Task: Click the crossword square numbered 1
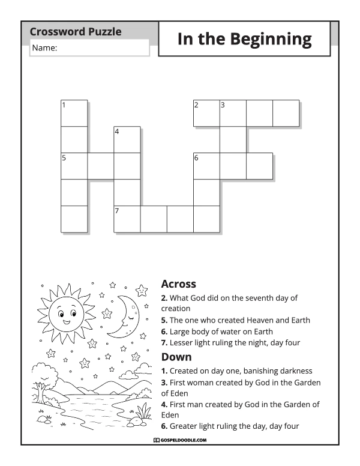click(74, 113)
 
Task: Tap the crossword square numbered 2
click(207, 113)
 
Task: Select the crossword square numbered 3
click(233, 113)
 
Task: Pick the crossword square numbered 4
click(127, 140)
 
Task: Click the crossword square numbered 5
click(74, 166)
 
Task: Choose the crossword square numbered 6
click(207, 166)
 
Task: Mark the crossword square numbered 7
click(127, 219)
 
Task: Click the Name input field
click(89, 47)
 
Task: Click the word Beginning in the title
click(271, 40)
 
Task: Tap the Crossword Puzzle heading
click(76, 31)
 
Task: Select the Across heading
click(179, 284)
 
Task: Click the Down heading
click(176, 357)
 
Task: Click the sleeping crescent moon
click(124, 316)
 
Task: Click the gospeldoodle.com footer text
click(180, 440)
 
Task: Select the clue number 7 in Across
click(164, 343)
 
